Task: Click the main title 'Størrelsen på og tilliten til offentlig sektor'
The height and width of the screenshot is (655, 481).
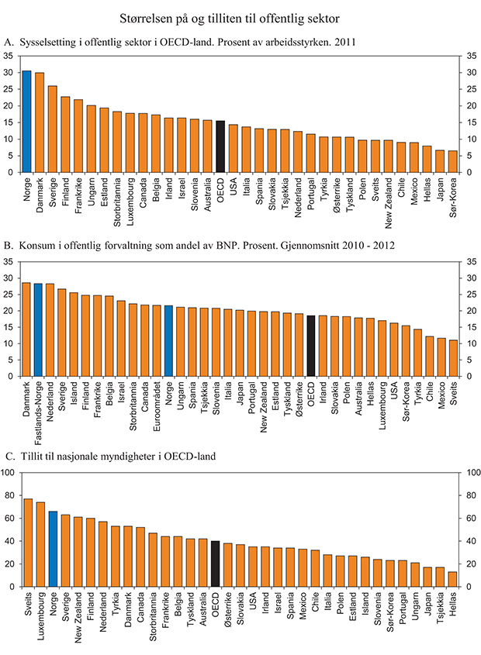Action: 240,16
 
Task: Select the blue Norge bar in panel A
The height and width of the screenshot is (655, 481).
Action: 27,122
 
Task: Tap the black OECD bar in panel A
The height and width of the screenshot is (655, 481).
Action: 220,147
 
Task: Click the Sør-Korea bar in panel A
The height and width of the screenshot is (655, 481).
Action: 453,161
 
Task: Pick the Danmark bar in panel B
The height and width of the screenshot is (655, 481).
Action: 27,329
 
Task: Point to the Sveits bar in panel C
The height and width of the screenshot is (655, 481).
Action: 27,543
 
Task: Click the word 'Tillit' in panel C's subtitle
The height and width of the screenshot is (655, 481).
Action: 29,455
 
